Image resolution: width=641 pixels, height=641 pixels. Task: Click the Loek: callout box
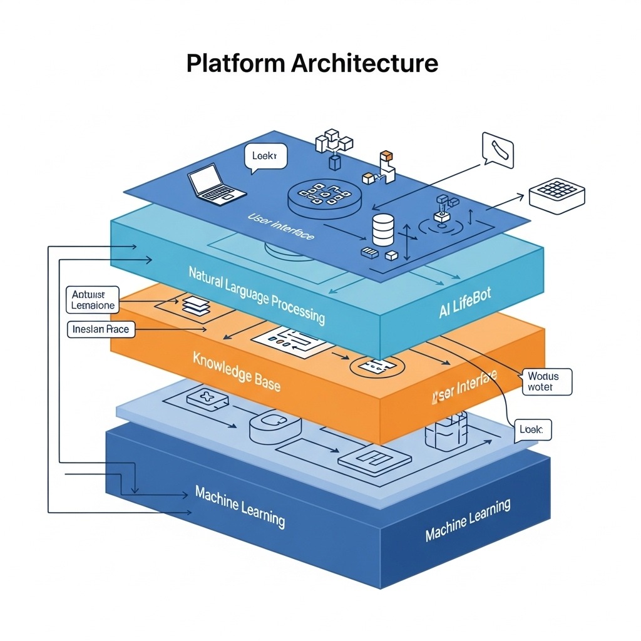pos(532,430)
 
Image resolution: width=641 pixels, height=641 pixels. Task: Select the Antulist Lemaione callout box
pos(93,300)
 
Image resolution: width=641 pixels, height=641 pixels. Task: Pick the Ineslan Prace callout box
pos(101,329)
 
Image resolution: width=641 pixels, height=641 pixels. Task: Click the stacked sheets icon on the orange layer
pos(194,306)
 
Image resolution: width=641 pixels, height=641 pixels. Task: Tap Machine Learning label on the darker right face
pos(468,520)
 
